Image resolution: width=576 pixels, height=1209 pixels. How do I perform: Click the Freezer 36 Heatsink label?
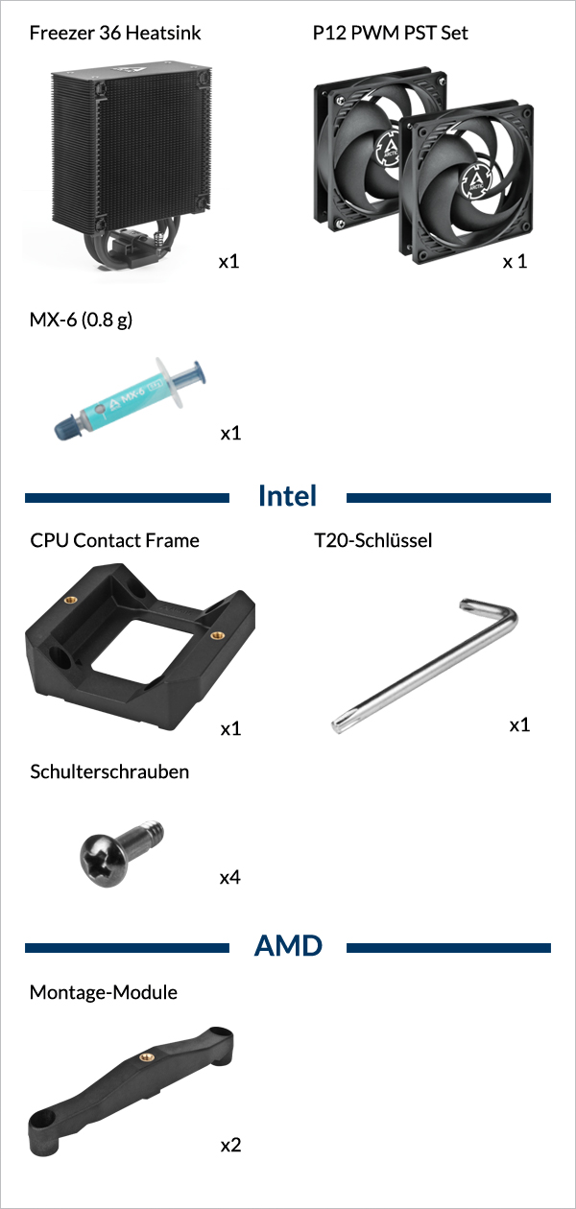115,33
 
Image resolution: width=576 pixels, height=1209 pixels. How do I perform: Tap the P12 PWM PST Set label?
391,33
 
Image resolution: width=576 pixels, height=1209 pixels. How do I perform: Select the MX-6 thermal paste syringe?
131,398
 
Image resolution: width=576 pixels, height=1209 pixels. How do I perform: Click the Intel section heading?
287,495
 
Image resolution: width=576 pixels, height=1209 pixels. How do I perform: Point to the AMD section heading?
288,946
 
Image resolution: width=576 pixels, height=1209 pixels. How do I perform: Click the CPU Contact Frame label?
114,540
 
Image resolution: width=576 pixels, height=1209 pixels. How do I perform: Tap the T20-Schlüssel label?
373,540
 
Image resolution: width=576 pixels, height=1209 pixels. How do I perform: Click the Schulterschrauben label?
109,771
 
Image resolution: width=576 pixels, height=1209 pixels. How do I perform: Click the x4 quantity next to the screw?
230,878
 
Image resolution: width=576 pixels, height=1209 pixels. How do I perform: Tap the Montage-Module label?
103,992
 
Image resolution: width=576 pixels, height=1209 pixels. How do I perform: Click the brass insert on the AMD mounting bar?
146,1056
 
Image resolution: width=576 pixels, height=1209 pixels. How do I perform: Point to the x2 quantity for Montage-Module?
230,1145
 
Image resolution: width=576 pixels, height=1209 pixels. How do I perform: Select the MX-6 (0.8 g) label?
81,320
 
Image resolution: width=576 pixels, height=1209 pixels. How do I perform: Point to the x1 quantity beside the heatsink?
228,262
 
